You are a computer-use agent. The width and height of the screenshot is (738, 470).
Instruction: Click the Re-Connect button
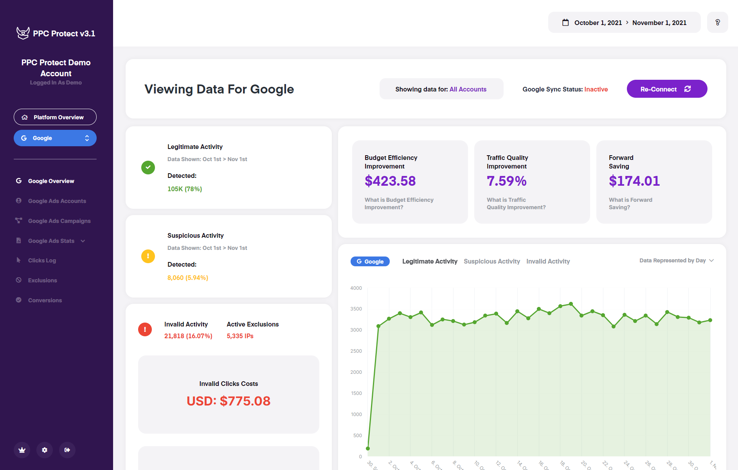coord(666,89)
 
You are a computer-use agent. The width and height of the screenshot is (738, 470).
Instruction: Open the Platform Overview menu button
coord(55,117)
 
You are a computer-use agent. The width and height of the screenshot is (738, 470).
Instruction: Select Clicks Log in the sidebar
coord(42,260)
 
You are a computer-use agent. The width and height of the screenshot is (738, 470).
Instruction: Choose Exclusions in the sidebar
coord(42,280)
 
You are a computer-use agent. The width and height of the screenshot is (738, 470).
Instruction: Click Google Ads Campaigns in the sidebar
coord(59,221)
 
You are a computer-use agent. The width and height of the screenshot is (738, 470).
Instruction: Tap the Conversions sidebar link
coord(45,300)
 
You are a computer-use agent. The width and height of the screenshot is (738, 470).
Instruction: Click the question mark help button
coord(717,22)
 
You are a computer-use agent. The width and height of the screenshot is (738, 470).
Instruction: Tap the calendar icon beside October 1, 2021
coord(565,22)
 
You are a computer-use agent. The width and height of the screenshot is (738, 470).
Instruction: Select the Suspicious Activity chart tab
coord(491,261)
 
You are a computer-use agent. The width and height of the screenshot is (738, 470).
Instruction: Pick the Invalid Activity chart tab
coord(548,261)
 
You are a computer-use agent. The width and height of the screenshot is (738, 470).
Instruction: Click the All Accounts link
coord(468,89)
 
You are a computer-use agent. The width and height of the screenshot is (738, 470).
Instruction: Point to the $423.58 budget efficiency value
coord(390,181)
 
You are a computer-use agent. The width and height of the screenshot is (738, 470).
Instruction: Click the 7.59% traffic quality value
coord(506,181)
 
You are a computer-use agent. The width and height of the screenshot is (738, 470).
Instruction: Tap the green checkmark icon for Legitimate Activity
coord(148,167)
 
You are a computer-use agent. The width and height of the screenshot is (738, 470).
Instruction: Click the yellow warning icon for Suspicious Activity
coord(148,256)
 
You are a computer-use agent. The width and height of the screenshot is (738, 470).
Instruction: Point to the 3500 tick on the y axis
coord(356,309)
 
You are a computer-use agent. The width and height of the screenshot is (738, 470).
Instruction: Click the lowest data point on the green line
coord(368,448)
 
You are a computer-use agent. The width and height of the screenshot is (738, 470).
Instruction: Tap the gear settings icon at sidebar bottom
coord(45,450)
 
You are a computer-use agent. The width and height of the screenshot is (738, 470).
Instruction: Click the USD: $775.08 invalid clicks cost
coord(229,401)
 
